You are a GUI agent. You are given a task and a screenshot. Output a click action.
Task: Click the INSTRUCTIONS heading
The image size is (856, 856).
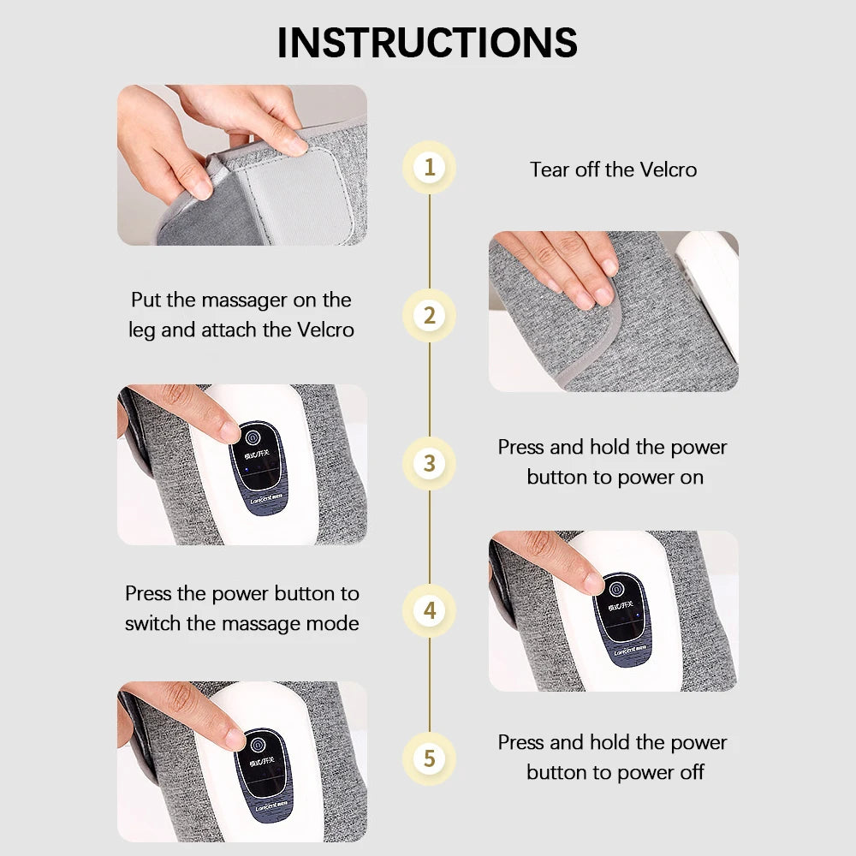click(427, 42)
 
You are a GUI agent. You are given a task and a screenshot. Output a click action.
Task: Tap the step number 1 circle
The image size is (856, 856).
click(429, 166)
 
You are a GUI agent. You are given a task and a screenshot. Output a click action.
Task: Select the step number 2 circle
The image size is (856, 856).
click(429, 315)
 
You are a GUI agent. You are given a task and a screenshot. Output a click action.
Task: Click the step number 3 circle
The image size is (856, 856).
click(429, 463)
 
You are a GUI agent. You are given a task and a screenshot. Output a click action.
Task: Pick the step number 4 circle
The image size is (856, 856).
click(429, 611)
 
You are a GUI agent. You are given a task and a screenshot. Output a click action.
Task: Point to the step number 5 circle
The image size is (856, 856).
click(429, 758)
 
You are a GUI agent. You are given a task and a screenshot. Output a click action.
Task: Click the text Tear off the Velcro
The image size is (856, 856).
click(613, 169)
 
